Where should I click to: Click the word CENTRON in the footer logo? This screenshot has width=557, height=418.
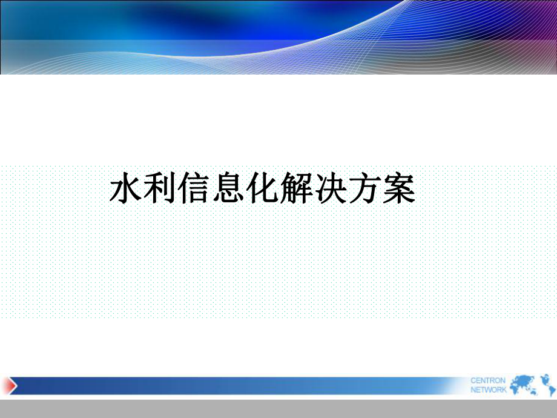[488, 380]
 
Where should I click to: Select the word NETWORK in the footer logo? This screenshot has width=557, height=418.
[489, 390]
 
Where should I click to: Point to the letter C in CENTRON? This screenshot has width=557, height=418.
[473, 380]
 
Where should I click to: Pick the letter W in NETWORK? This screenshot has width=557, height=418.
[488, 390]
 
